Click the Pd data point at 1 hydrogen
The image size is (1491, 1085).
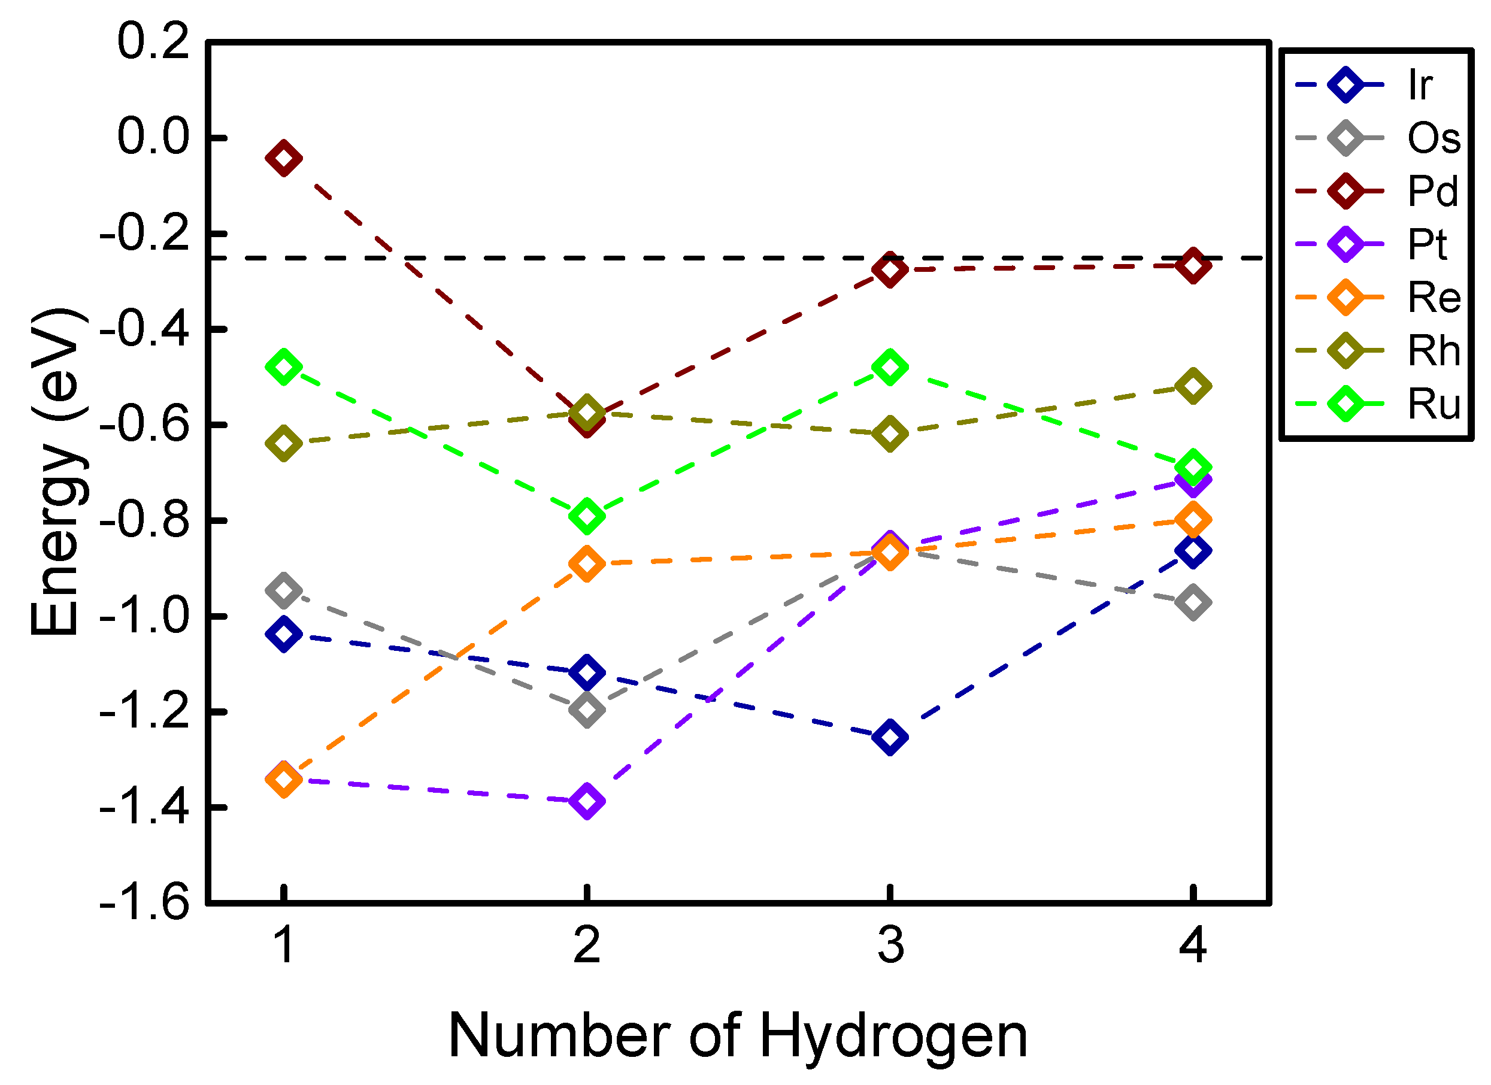[x=283, y=159]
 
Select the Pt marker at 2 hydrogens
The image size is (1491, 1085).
[x=586, y=801]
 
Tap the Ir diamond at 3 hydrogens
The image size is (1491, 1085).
[x=889, y=737]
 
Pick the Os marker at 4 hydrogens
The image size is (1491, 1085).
[x=1193, y=602]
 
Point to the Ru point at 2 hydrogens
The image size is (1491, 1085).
[x=586, y=516]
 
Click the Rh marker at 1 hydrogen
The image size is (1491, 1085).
[x=283, y=443]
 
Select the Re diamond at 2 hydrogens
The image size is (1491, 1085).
[x=586, y=563]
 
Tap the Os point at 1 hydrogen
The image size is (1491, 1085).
[x=283, y=590]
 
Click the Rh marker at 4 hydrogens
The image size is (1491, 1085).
[x=1193, y=387]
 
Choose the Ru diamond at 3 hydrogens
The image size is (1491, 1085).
[x=889, y=368]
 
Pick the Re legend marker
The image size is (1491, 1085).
[x=1345, y=298]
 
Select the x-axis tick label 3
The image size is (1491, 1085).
[x=890, y=945]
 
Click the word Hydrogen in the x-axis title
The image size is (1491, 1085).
[x=893, y=1038]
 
